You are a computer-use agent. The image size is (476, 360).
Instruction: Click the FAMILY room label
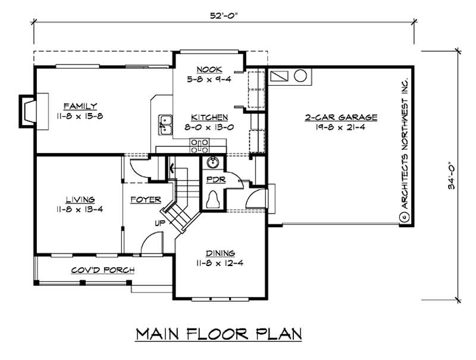click(81, 106)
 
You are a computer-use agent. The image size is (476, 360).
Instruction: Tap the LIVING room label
click(81, 200)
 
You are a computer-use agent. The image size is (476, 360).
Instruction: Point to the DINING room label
click(220, 253)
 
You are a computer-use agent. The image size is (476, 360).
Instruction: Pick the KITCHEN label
click(208, 117)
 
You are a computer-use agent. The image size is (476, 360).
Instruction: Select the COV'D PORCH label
click(102, 270)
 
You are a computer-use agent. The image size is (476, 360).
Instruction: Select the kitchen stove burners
click(199, 142)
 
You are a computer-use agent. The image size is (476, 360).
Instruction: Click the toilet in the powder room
click(212, 199)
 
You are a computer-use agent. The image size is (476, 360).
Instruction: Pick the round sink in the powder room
click(213, 162)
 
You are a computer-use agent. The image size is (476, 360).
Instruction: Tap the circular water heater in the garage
click(300, 77)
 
